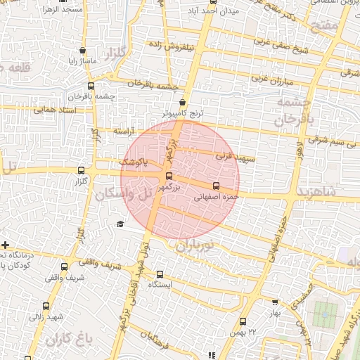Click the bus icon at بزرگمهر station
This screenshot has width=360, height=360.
tap(168, 176)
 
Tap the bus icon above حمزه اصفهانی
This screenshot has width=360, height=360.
tap(216, 186)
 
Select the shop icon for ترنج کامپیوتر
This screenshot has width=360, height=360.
tap(183, 101)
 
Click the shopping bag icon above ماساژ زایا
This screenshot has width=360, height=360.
tap(84, 50)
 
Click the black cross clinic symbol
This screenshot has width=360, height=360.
tap(6, 245)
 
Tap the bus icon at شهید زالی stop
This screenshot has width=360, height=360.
tap(46, 306)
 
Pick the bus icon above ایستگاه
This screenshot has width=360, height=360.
tap(160, 274)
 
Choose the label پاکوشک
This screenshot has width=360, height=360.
tap(133, 162)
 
